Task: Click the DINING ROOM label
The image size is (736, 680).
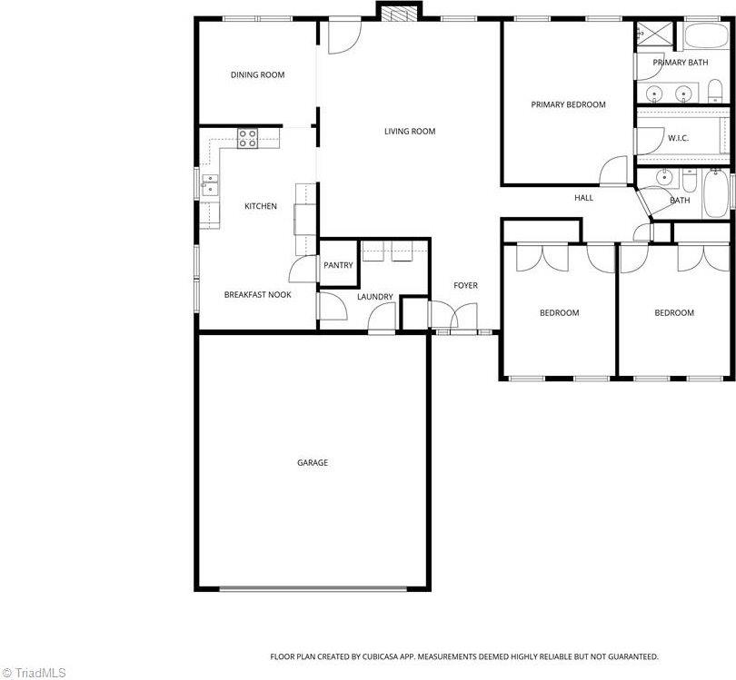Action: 257,75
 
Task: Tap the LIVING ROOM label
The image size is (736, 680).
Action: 410,132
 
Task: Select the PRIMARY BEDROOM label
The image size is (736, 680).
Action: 568,105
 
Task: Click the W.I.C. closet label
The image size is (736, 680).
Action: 678,138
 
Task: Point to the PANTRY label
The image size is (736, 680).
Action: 338,265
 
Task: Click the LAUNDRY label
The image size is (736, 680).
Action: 375,297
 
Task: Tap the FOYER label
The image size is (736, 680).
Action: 465,286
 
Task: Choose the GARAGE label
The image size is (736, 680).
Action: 313,463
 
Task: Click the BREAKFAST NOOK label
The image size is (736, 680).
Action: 258,295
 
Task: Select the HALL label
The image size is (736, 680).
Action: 583,198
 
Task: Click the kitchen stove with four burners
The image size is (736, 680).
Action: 248,138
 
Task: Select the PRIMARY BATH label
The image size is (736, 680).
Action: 680,63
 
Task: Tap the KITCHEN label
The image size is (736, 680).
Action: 261,207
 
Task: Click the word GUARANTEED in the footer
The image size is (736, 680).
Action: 629,656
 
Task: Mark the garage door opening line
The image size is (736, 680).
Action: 312,588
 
